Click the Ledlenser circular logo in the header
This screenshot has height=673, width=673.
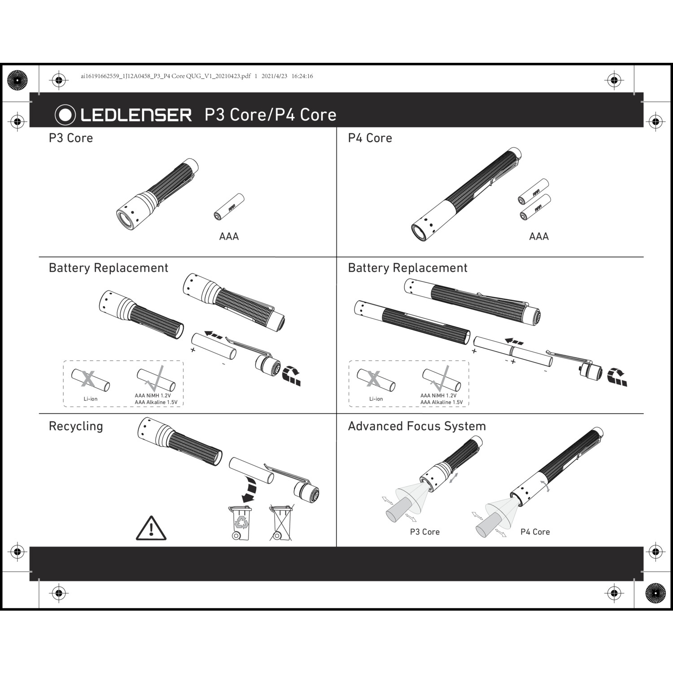[x=65, y=115]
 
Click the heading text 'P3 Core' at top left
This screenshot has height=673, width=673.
[x=71, y=138]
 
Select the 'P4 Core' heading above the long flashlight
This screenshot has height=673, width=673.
[x=370, y=138]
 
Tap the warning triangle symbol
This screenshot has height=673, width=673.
[x=151, y=528]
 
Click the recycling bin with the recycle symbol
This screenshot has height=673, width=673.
[x=240, y=523]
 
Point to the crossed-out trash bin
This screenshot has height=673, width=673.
[x=282, y=523]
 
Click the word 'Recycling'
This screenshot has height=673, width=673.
[x=76, y=426]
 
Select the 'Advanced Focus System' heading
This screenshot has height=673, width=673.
[x=417, y=426]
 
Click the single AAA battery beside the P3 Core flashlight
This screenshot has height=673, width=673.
[x=229, y=207]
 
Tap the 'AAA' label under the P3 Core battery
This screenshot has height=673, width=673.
[x=229, y=236]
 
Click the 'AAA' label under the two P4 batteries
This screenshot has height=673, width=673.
[x=539, y=236]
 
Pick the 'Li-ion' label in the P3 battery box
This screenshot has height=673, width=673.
[x=91, y=399]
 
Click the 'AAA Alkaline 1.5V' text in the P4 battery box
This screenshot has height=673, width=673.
[x=441, y=402]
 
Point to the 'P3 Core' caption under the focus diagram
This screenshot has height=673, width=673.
[x=425, y=532]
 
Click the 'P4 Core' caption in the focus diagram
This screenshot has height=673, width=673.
[x=535, y=532]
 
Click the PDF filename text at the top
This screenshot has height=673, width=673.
[x=166, y=76]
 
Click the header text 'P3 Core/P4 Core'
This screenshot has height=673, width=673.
[x=271, y=115]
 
